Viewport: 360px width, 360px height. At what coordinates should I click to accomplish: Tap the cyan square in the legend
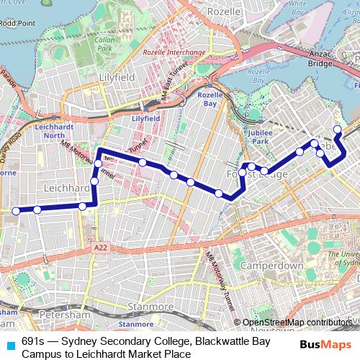[x=9, y=344]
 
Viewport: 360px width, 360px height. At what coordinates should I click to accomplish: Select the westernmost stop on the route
[x=14, y=210]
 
